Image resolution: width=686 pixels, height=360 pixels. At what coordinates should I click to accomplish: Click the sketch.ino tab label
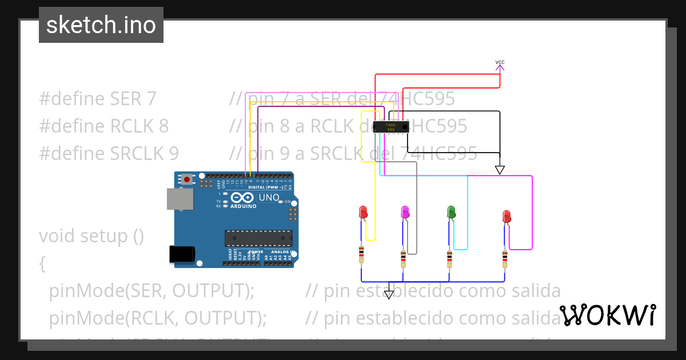pos(101,25)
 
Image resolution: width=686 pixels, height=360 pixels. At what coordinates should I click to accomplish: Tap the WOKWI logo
pos(608,315)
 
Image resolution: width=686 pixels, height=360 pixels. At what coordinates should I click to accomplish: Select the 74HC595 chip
pos(391,127)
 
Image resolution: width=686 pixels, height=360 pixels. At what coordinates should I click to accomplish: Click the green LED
pos(450,213)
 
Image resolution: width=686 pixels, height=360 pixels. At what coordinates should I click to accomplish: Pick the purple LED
pos(405,213)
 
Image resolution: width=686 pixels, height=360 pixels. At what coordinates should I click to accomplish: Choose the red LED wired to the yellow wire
pos(363,213)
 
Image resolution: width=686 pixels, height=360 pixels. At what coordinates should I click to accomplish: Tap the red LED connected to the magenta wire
pos(506,217)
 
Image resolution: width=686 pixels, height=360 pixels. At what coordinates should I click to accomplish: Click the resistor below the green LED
pos(450,258)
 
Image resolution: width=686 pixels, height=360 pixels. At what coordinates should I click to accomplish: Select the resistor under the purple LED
pos(404,258)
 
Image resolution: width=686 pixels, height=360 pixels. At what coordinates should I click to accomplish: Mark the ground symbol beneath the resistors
pos(389,294)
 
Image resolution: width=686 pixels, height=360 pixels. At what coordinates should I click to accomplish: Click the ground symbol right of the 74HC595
pos(500,169)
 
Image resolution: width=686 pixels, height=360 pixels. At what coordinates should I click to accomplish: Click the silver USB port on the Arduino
pos(179,199)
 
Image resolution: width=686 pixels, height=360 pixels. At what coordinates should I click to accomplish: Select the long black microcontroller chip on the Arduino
pos(258,238)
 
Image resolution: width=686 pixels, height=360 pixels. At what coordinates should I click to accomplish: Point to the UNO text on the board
pos(269,198)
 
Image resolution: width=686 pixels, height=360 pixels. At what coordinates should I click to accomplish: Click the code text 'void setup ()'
pos(91,235)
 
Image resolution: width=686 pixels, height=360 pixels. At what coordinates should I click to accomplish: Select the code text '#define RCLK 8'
pos(103,126)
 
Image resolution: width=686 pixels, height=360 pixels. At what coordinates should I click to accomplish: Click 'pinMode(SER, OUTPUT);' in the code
pos(151,291)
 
